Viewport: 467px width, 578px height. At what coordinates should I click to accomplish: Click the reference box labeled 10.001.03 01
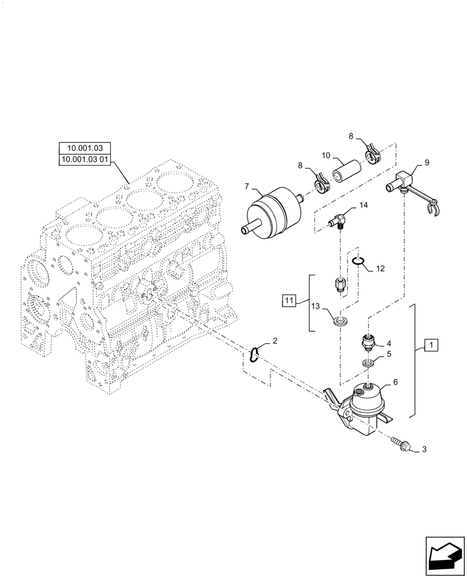click(84, 160)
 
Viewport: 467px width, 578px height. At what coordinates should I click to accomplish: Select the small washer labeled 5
click(368, 363)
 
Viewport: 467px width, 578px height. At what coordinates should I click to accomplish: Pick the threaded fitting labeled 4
click(368, 342)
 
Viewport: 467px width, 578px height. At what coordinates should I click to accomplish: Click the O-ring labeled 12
click(358, 261)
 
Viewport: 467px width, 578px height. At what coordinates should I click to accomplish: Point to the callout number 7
click(246, 187)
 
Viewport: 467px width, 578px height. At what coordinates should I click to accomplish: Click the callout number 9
click(427, 163)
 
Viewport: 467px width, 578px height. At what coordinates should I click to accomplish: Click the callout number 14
click(363, 206)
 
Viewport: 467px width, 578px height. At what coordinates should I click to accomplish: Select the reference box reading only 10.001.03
click(84, 149)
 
